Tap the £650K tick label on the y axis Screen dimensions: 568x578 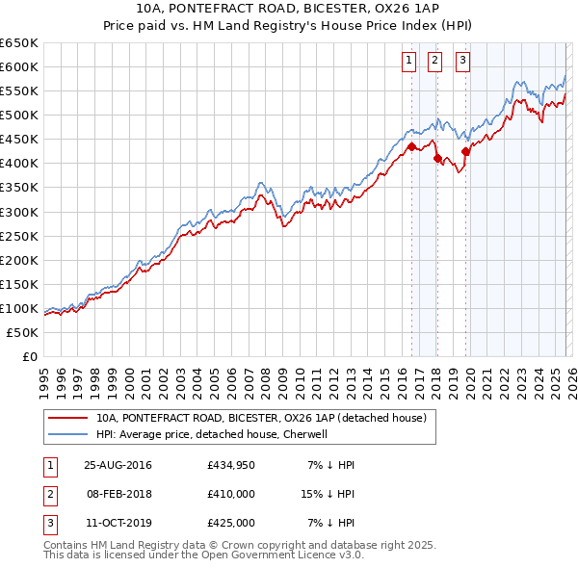pos(19,43)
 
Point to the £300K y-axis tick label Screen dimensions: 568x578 pos(19,212)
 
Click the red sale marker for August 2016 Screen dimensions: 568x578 pos(411,146)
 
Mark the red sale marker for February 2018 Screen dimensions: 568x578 pos(436,159)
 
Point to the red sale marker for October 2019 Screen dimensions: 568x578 pos(465,151)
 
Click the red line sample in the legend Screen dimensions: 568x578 pos(68,418)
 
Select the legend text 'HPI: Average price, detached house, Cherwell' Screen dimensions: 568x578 pos(212,434)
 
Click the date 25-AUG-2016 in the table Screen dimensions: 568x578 pos(118,465)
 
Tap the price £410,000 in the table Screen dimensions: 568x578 pos(231,494)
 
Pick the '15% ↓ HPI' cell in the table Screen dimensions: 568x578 pos(328,494)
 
